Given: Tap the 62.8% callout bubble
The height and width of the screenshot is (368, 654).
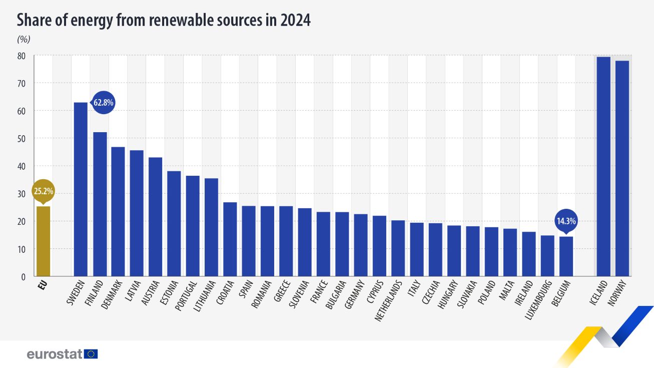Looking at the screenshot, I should [104, 103].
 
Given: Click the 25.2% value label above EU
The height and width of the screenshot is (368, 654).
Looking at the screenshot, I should [43, 191].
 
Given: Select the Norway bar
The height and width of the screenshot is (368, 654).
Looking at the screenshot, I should [622, 168].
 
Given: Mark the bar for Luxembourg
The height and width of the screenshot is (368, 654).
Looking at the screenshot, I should [547, 255].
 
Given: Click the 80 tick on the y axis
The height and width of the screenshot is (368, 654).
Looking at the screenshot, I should [22, 56].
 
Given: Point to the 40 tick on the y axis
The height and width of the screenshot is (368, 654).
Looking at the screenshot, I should [22, 166].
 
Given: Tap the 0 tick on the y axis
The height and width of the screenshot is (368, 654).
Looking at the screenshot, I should [24, 276].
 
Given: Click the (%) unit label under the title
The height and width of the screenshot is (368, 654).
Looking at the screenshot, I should [24, 39].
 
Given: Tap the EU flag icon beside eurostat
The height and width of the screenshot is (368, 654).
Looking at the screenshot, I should [91, 354].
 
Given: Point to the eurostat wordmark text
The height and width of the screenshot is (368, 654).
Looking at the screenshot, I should [54, 354].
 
